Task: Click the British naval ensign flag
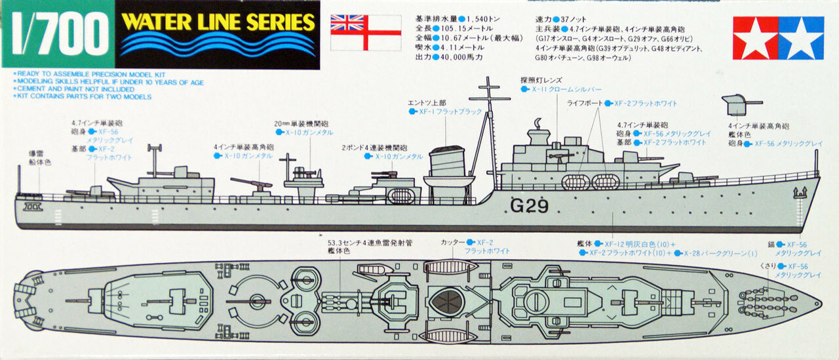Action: pos(365,31)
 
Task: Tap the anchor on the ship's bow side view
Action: pos(799,193)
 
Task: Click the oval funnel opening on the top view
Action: pos(450,302)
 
